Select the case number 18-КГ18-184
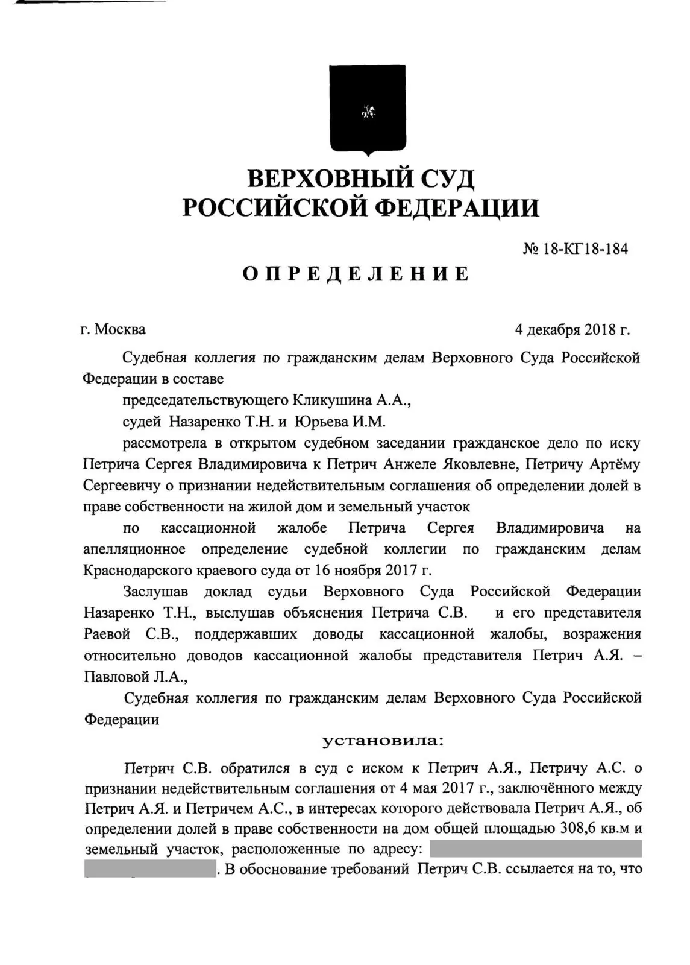585,248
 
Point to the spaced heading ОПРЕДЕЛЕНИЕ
356,274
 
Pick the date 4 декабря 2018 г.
572,330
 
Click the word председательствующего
205,400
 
